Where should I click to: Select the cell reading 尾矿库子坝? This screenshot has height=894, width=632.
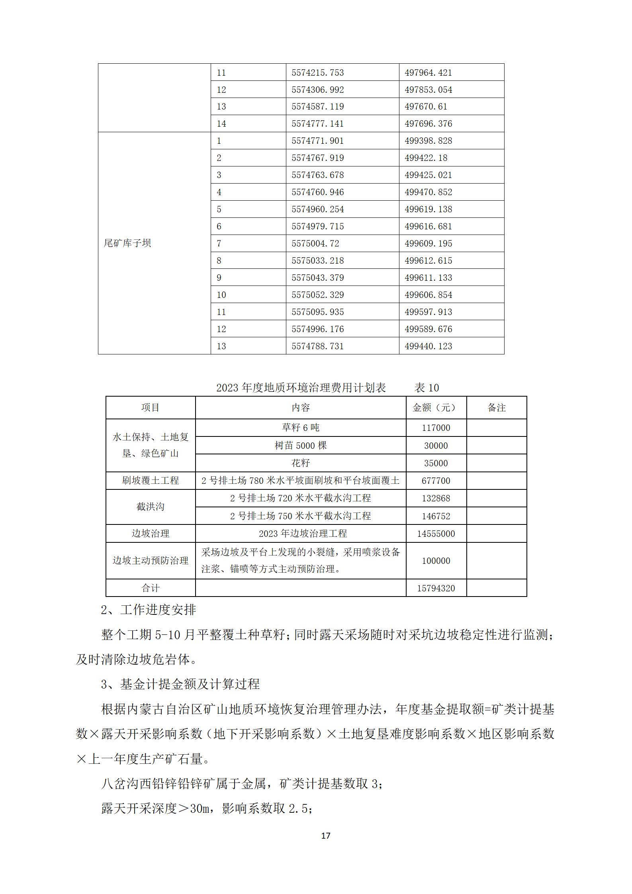tap(127, 243)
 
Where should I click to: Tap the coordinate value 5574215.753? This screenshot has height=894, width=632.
tap(317, 72)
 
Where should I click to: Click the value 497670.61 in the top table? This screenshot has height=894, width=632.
tap(426, 107)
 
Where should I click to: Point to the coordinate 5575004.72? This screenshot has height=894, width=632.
tap(315, 243)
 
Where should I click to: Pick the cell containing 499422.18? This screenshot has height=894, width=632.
tap(426, 158)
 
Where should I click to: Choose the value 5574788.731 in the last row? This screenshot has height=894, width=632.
tap(317, 346)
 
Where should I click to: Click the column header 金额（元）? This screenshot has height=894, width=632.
tap(436, 407)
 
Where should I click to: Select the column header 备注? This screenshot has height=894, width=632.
tap(496, 407)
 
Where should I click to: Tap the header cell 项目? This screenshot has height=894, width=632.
tap(150, 407)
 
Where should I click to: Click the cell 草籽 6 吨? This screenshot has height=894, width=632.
tap(300, 428)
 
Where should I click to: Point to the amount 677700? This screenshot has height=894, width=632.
tap(436, 481)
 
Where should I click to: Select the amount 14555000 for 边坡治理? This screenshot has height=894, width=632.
tap(436, 534)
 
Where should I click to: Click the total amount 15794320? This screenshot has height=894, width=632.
tap(436, 588)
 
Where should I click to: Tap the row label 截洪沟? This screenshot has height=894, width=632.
tap(150, 507)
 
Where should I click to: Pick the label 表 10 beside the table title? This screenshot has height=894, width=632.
tap(427, 387)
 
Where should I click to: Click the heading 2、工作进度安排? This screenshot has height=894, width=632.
tap(148, 610)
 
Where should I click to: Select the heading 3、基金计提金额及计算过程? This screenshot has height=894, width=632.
tap(180, 684)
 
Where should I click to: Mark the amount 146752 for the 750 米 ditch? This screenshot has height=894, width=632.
tap(436, 516)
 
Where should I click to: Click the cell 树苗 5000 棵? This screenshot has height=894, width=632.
tap(300, 445)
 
